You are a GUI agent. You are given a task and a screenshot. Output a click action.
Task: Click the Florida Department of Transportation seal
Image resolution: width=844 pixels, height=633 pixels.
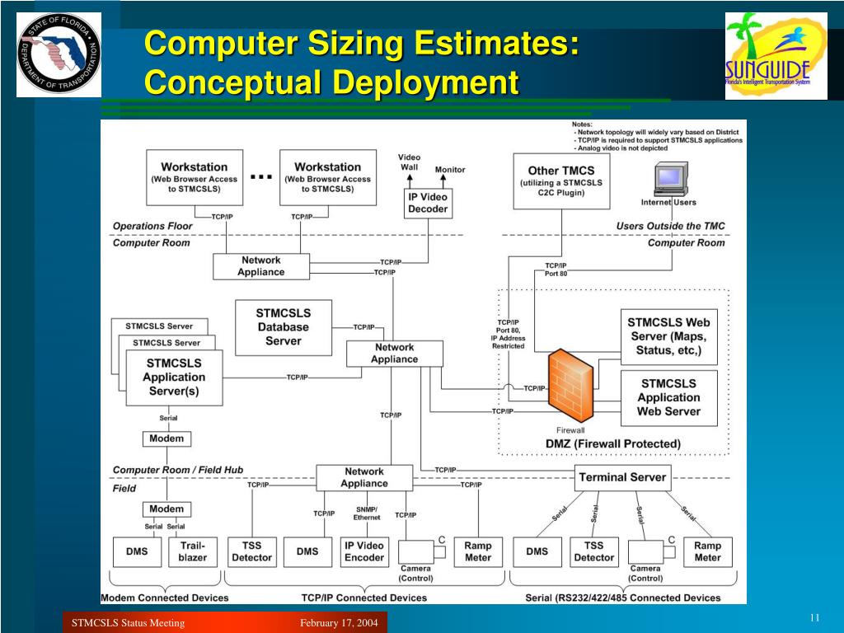point(59,54)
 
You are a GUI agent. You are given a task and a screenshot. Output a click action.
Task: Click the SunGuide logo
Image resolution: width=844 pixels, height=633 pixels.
point(776,56)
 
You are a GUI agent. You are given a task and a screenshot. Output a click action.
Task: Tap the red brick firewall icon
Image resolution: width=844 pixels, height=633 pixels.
point(570,387)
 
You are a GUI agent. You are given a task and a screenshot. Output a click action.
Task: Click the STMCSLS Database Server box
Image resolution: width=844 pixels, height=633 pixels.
point(283,327)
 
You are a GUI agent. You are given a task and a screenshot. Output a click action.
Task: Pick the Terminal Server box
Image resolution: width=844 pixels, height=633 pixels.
point(622,477)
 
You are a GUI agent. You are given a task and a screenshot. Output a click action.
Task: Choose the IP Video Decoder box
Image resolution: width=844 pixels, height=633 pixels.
point(428,203)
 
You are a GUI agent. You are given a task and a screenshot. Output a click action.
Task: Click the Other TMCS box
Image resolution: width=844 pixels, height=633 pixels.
point(560,181)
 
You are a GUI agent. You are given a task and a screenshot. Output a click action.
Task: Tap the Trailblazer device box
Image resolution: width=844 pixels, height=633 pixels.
point(192,551)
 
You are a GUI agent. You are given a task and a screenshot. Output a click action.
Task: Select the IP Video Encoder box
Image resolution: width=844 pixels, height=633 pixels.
point(364,551)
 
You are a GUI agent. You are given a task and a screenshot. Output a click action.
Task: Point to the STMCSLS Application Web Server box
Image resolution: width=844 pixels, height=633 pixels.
point(668,397)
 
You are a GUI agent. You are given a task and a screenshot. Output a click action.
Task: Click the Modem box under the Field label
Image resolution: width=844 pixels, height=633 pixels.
point(166,509)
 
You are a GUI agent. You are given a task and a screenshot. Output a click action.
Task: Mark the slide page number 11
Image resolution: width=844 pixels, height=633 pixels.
point(814,618)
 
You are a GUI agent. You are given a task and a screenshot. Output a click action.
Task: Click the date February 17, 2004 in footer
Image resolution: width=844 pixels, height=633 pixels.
point(339,622)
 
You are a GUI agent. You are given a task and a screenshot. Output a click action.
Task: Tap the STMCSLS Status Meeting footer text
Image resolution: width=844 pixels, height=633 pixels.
point(128,622)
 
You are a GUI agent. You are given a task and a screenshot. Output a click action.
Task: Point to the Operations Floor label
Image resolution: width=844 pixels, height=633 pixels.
point(152,226)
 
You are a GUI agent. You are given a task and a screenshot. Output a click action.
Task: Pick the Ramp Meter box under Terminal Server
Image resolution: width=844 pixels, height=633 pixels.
point(707,551)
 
